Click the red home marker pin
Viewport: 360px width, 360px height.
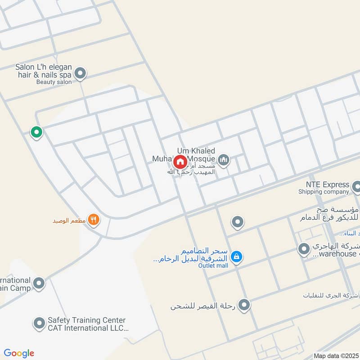coord(180,162)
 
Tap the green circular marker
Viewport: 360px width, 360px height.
coord(36,132)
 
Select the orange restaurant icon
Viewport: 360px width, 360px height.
coord(94,220)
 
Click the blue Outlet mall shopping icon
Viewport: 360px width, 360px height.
coord(235,257)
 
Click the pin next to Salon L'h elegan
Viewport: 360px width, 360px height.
coord(80,73)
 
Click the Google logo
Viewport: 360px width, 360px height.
coord(19,353)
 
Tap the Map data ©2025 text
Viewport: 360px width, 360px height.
coord(336,355)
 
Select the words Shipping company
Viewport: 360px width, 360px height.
coord(324,192)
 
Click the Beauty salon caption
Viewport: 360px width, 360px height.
coord(54,82)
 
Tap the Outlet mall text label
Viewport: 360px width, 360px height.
coord(213,265)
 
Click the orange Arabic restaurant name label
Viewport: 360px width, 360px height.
coord(69,220)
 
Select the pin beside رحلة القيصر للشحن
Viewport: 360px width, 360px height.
coord(244,306)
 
